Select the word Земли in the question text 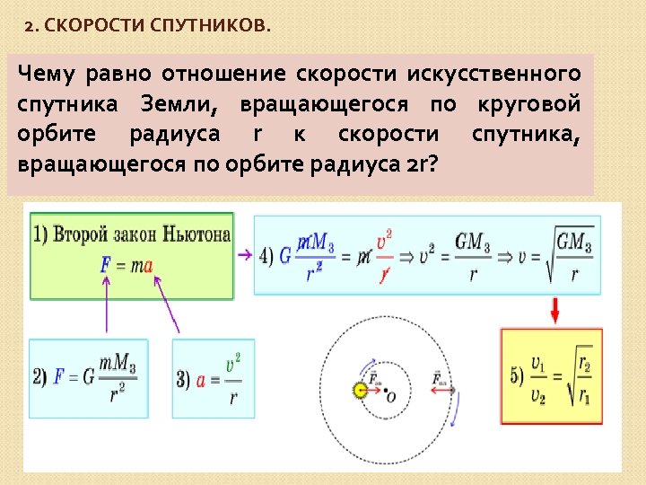pyautogui.click(x=179, y=104)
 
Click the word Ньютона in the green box pyautogui.click(x=197, y=235)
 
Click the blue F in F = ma pyautogui.click(x=107, y=265)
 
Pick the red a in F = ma pyautogui.click(x=148, y=265)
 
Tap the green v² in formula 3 pyautogui.click(x=234, y=364)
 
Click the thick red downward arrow pyautogui.click(x=555, y=311)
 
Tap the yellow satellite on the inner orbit pyautogui.click(x=361, y=391)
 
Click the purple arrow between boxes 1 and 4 pyautogui.click(x=243, y=255)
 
